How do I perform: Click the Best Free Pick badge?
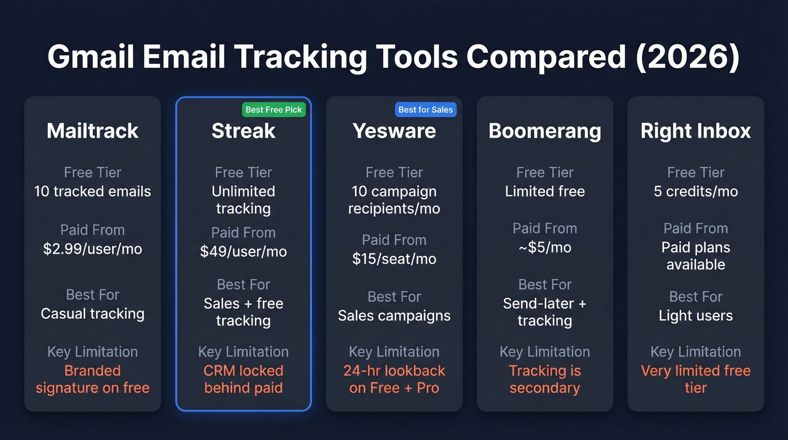pyautogui.click(x=274, y=109)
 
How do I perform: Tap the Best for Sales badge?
pyautogui.click(x=426, y=109)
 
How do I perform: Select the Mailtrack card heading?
pyautogui.click(x=92, y=131)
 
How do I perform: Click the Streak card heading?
pyautogui.click(x=243, y=131)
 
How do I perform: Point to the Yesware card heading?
pyautogui.click(x=394, y=131)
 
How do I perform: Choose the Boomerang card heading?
pyautogui.click(x=544, y=131)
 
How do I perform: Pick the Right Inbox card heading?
pyautogui.click(x=696, y=131)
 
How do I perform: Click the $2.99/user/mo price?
pyautogui.click(x=92, y=248)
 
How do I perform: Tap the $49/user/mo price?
pyautogui.click(x=243, y=251)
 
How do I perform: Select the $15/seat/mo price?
pyautogui.click(x=394, y=259)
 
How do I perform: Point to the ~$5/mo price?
pyautogui.click(x=544, y=247)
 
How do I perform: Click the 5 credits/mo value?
pyautogui.click(x=696, y=191)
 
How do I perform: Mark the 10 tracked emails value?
pyautogui.click(x=92, y=191)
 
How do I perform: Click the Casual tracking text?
pyautogui.click(x=92, y=313)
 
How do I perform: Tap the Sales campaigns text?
pyautogui.click(x=394, y=315)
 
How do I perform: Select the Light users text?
pyautogui.click(x=696, y=315)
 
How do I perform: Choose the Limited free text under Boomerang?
pyautogui.click(x=544, y=191)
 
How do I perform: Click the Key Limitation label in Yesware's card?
pyautogui.click(x=394, y=352)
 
